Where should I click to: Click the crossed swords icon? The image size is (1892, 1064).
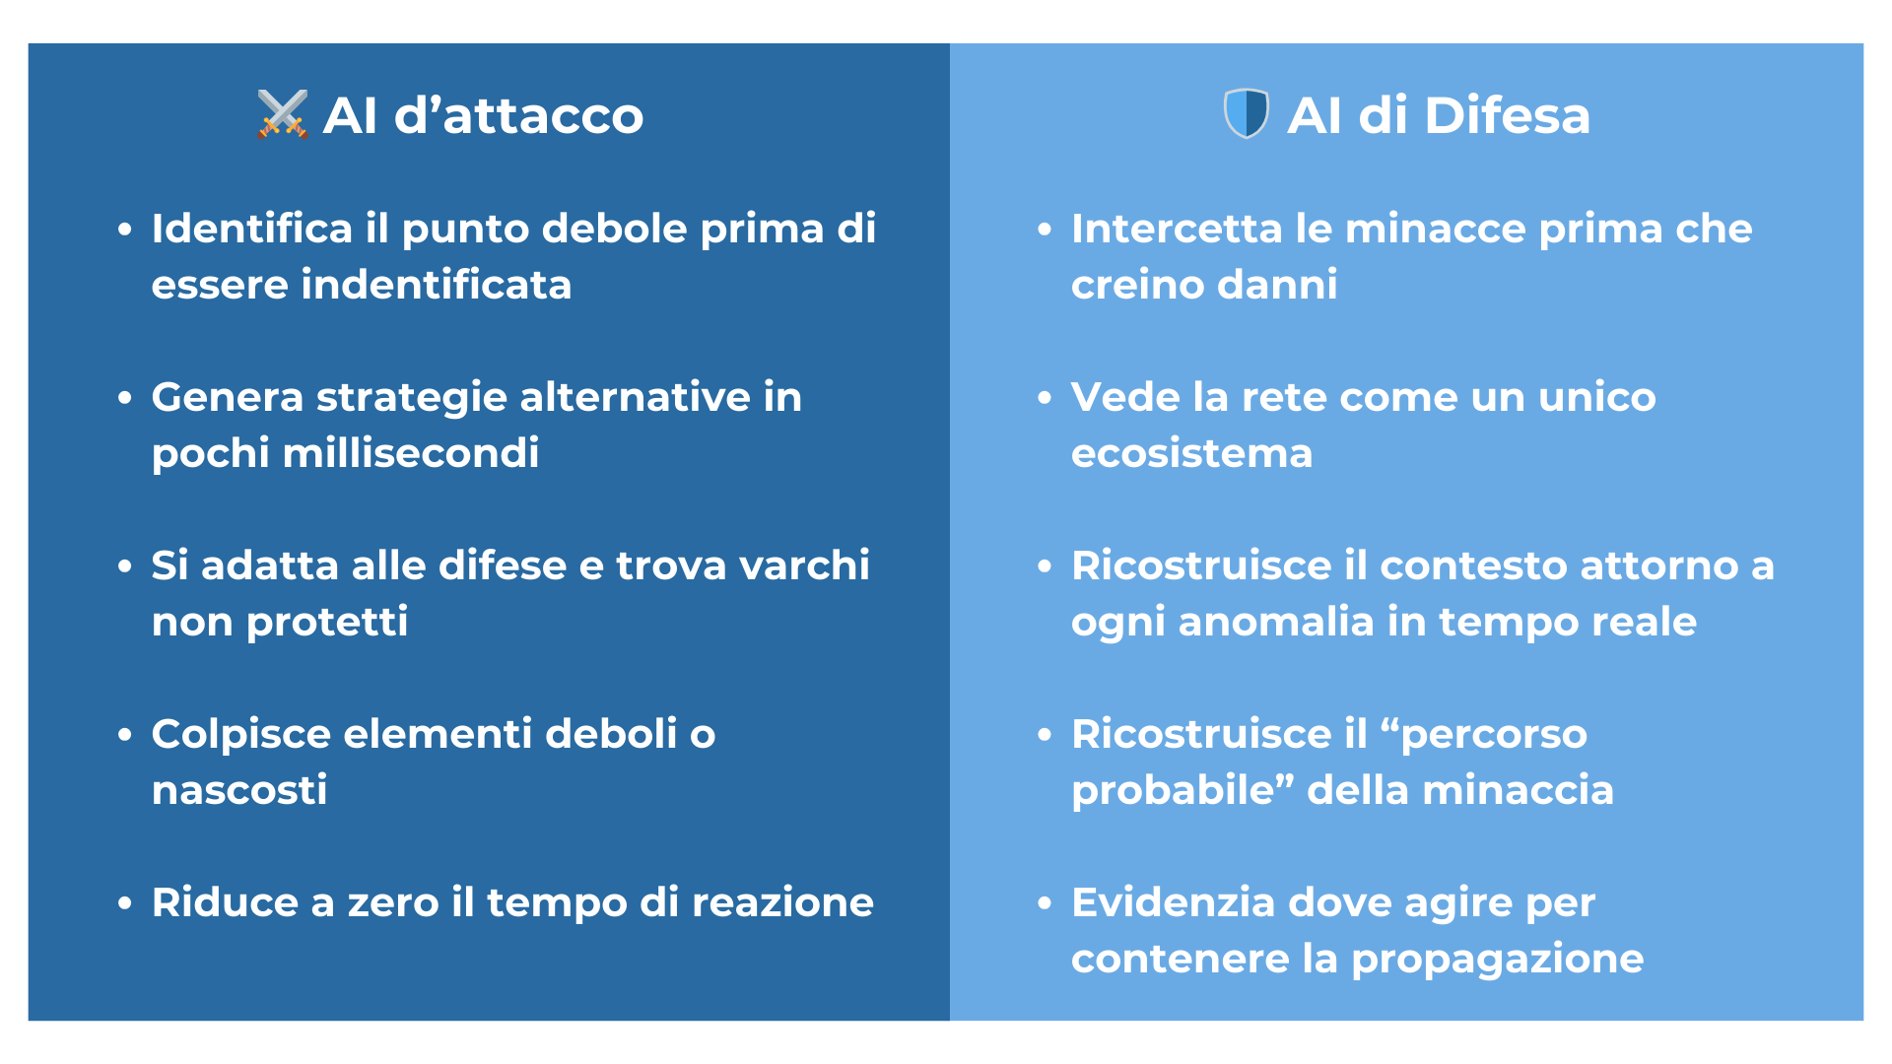click(283, 114)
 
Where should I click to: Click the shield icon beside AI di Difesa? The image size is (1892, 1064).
click(1247, 114)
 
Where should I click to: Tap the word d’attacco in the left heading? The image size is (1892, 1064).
click(518, 115)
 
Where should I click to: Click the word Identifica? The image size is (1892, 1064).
click(252, 229)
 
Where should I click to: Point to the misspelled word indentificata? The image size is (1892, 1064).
click(437, 285)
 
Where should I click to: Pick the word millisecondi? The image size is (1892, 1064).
click(411, 453)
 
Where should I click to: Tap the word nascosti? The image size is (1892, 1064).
click(239, 790)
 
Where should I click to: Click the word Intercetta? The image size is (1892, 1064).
click(1177, 229)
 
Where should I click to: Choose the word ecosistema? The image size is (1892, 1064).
click(1192, 453)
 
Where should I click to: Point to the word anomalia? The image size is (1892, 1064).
click(1276, 622)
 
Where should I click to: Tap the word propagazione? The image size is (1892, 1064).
click(1498, 960)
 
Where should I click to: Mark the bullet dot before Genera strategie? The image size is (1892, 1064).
click(124, 398)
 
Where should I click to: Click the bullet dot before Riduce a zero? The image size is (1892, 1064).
click(124, 903)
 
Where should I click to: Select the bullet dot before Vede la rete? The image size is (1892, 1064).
click(1045, 398)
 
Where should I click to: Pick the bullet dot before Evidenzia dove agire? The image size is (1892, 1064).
click(1045, 903)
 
